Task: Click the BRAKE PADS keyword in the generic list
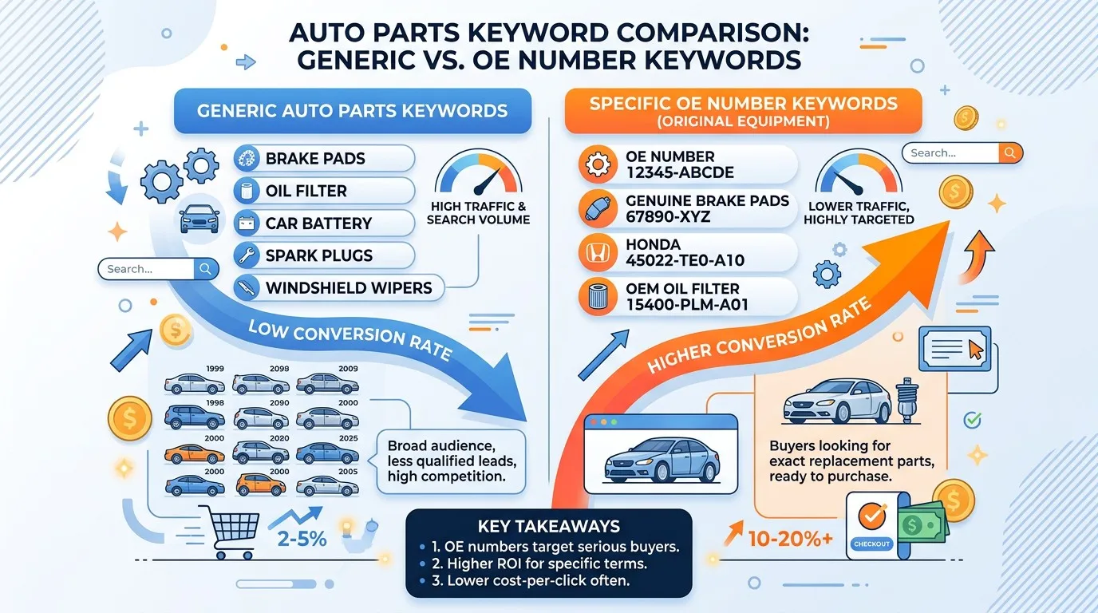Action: click(315, 158)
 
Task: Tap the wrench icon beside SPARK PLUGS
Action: click(247, 255)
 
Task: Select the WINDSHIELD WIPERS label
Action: click(349, 288)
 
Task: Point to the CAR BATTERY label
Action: click(318, 223)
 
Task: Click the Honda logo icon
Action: click(598, 253)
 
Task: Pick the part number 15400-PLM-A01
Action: click(687, 305)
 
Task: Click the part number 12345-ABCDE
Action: click(679, 172)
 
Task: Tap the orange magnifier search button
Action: click(1010, 153)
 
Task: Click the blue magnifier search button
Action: click(206, 269)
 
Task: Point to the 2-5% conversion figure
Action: click(302, 539)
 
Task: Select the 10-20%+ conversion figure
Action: click(790, 539)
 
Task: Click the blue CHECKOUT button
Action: click(871, 544)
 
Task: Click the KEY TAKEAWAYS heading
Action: click(549, 526)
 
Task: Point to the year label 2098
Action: click(279, 369)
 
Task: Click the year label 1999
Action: click(215, 369)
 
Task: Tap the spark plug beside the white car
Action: click(906, 400)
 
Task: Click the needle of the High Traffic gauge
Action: click(487, 181)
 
